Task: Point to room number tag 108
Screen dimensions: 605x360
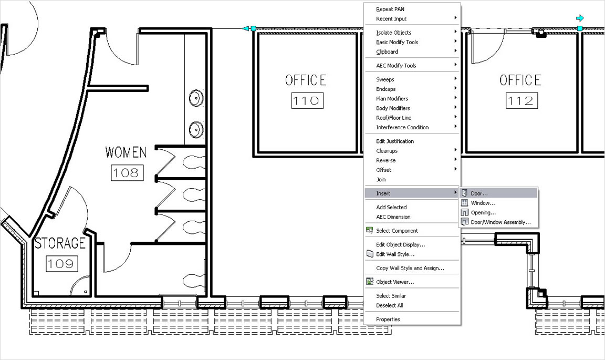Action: pyautogui.click(x=127, y=173)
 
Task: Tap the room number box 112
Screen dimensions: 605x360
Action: pyautogui.click(x=521, y=101)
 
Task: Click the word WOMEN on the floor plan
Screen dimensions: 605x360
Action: pyautogui.click(x=126, y=152)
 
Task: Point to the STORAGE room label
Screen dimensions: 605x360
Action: pyautogui.click(x=60, y=243)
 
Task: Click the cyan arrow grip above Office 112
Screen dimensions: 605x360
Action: pyautogui.click(x=580, y=18)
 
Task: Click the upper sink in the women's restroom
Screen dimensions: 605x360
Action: pyautogui.click(x=196, y=98)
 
